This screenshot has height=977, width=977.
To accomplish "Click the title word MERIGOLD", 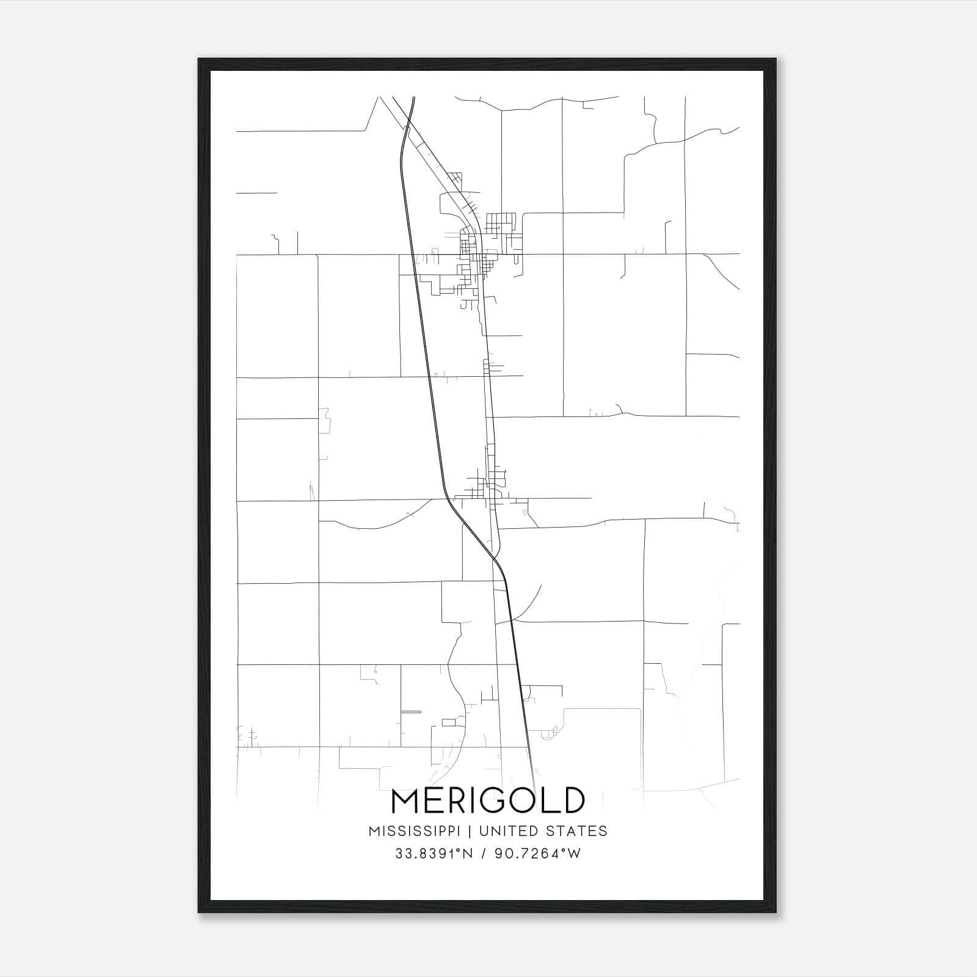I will [x=488, y=801].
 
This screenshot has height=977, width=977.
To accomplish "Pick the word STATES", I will [x=576, y=831].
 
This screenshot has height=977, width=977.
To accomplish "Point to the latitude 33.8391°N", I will [x=434, y=854].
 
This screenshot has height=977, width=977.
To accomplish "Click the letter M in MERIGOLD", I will [x=405, y=801].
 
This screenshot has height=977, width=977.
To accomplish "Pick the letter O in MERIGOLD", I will [x=530, y=801].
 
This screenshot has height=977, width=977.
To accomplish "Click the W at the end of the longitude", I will [x=574, y=854].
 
